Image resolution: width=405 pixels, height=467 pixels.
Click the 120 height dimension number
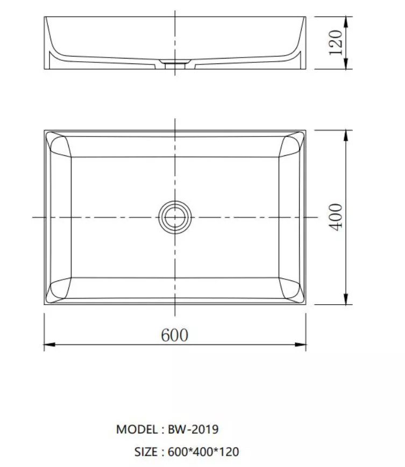pyautogui.click(x=336, y=42)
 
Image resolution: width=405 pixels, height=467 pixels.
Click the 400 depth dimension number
pyautogui.click(x=336, y=217)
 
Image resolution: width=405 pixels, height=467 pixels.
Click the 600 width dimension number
pyautogui.click(x=175, y=335)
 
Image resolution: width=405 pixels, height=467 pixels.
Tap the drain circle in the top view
pyautogui.click(x=175, y=217)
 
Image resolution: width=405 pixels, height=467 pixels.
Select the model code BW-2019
pyautogui.click(x=193, y=429)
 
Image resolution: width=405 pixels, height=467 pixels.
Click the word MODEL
pyautogui.click(x=137, y=429)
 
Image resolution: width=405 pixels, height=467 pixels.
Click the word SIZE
pyautogui.click(x=146, y=452)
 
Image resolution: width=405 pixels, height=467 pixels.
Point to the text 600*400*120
pyautogui.click(x=203, y=452)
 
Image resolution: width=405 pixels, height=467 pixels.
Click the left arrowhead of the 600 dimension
pyautogui.click(x=49, y=344)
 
